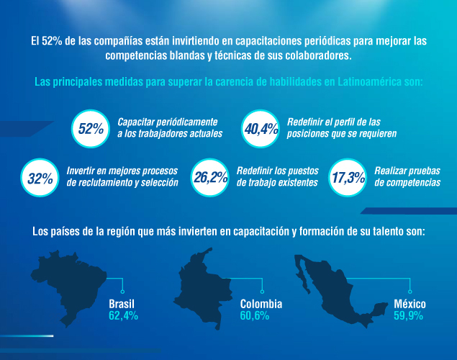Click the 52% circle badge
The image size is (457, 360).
(91, 128)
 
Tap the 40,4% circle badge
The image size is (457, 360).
(261, 128)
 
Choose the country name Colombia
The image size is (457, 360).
(261, 304)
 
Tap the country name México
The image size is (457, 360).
(408, 304)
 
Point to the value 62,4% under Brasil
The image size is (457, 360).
(123, 315)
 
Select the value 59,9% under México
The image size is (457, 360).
(408, 315)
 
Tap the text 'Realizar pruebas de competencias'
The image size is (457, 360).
(407, 177)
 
